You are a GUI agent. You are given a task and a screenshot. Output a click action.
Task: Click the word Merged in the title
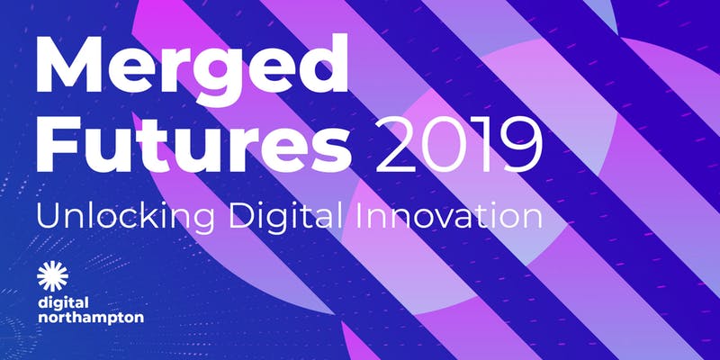click(x=192, y=69)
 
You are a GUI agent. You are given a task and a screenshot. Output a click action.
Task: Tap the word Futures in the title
click(x=193, y=141)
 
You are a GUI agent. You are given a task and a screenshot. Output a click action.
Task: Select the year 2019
click(x=459, y=142)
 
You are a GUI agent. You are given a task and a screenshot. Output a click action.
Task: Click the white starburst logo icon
click(x=53, y=276)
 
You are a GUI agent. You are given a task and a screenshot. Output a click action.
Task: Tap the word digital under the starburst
click(x=57, y=304)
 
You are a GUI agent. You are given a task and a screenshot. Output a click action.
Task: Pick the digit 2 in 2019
click(x=395, y=142)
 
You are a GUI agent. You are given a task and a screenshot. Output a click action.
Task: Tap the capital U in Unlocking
click(x=49, y=216)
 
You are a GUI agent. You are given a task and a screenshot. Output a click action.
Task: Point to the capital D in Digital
click(x=241, y=216)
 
